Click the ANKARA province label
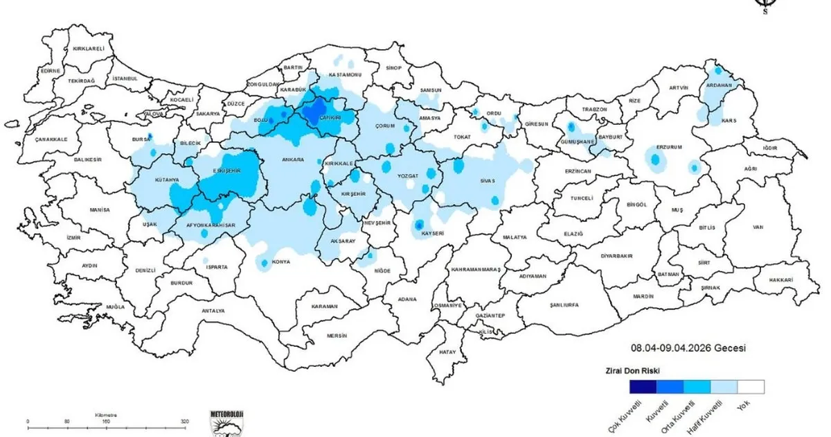293,160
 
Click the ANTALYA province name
213,311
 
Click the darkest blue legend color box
643,386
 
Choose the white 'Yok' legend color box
751,386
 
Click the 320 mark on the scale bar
184,422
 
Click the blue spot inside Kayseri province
419,224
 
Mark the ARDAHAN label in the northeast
718,85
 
